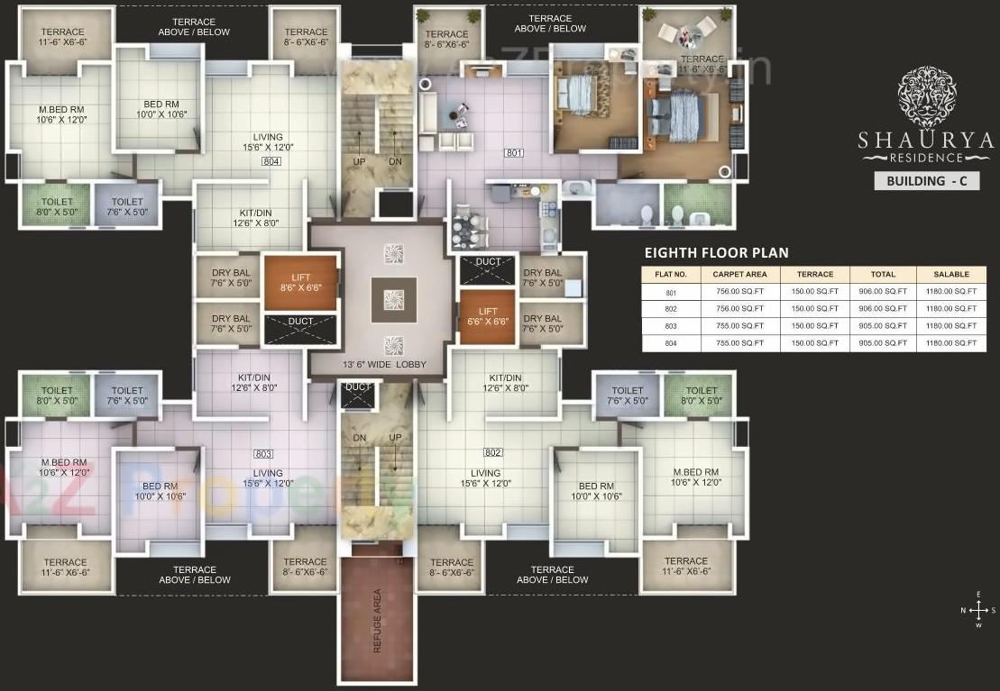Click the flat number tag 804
pyautogui.click(x=271, y=161)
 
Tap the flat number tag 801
pyautogui.click(x=514, y=153)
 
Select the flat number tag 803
pyautogui.click(x=263, y=453)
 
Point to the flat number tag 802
pyautogui.click(x=492, y=452)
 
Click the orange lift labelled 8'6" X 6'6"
pyautogui.click(x=300, y=283)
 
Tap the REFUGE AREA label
pyautogui.click(x=377, y=621)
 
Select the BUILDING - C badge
pyautogui.click(x=926, y=180)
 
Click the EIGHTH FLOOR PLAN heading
pyautogui.click(x=717, y=253)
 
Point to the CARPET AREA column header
pyautogui.click(x=739, y=274)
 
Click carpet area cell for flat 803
pyautogui.click(x=739, y=326)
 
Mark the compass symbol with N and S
pyautogui.click(x=978, y=610)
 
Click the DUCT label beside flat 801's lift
pyautogui.click(x=488, y=262)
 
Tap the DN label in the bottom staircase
pyautogui.click(x=360, y=438)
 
